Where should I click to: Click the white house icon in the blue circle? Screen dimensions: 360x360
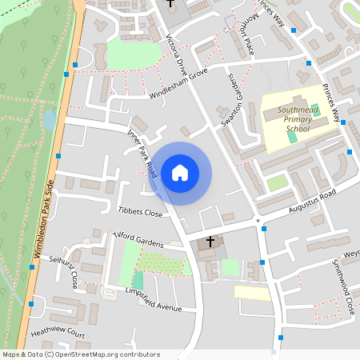click(180, 173)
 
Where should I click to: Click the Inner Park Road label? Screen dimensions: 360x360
click(142, 154)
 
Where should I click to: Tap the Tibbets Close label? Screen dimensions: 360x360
click(140, 214)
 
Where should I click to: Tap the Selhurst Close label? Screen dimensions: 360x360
click(65, 270)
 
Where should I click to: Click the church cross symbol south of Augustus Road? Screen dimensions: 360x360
click(211, 240)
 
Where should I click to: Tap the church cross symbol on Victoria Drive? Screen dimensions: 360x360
click(170, 3)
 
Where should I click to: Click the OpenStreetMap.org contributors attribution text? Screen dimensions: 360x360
click(104, 354)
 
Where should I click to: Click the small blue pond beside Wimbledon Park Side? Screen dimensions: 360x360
click(50, 121)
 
